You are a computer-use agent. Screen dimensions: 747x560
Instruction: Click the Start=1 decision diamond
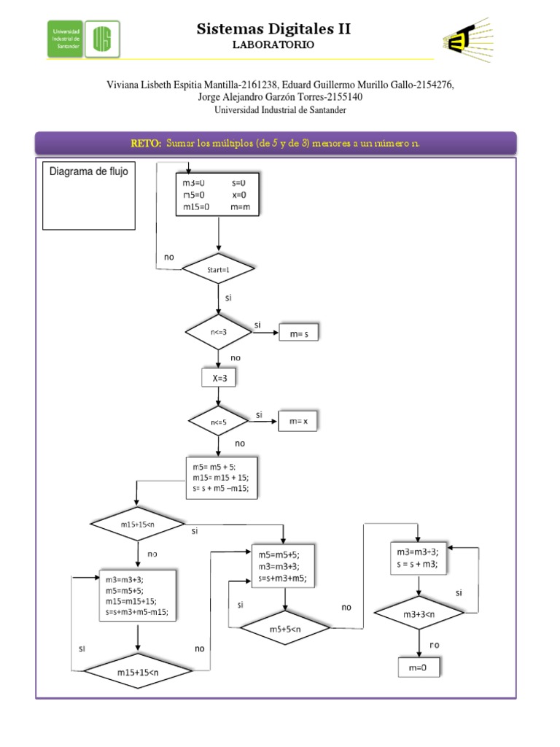tap(219, 270)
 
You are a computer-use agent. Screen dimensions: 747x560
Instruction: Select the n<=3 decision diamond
tap(219, 333)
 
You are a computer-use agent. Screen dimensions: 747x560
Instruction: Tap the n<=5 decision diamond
tap(219, 421)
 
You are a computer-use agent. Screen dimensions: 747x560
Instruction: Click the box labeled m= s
tap(298, 333)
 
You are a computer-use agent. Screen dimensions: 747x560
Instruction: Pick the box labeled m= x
tap(297, 422)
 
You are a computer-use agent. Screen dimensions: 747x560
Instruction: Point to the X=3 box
tap(219, 379)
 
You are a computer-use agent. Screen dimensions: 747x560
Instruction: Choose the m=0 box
tap(419, 667)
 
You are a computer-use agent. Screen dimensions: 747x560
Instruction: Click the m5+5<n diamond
tap(284, 627)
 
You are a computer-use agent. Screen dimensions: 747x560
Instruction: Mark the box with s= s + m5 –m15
tap(221, 479)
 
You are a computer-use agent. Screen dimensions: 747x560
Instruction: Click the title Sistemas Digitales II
tap(273, 29)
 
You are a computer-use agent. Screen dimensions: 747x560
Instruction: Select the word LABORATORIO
tap(273, 45)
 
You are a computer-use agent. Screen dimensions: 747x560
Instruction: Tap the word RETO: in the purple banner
tap(146, 144)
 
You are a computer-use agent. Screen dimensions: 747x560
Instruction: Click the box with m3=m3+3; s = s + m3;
tap(419, 557)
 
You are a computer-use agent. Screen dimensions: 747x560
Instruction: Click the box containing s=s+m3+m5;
tap(284, 566)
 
